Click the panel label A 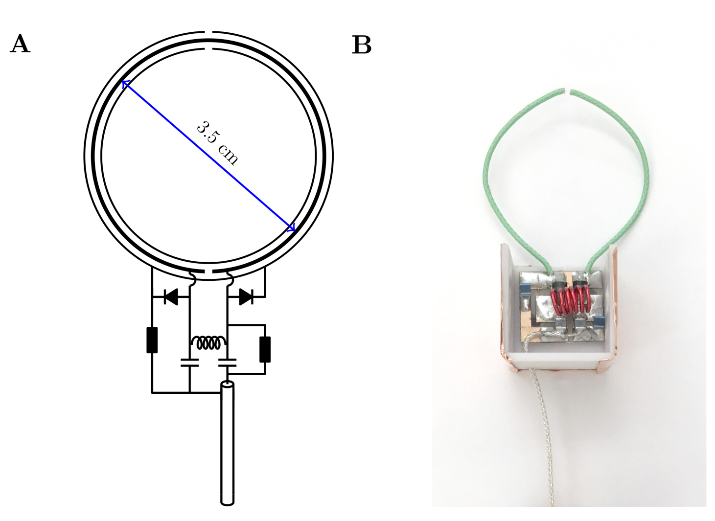pos(20,44)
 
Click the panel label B pos(361,45)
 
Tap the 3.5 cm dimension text pos(217,142)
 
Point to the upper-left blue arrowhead pos(125,84)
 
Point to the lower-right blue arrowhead pos(292,228)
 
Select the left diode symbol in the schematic pos(170,296)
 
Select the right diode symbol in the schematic pos(246,296)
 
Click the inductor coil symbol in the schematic pos(208,343)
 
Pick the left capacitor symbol pos(189,362)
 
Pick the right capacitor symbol pos(227,362)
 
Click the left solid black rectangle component pos(152,340)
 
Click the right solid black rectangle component pos(265,349)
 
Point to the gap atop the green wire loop pos(568,91)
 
